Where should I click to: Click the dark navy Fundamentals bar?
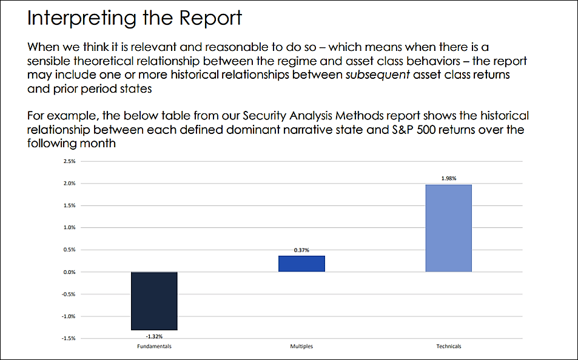154,300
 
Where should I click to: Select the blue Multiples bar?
301,264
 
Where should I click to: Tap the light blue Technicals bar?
448,228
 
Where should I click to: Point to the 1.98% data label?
448,179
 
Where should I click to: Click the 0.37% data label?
301,250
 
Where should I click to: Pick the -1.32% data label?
154,335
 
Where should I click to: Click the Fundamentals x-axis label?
154,347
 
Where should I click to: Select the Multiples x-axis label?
301,347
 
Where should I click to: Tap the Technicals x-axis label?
448,347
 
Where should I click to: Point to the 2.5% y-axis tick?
68,161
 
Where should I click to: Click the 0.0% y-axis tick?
68,272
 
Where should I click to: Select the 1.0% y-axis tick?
68,228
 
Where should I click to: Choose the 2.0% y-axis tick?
68,184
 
